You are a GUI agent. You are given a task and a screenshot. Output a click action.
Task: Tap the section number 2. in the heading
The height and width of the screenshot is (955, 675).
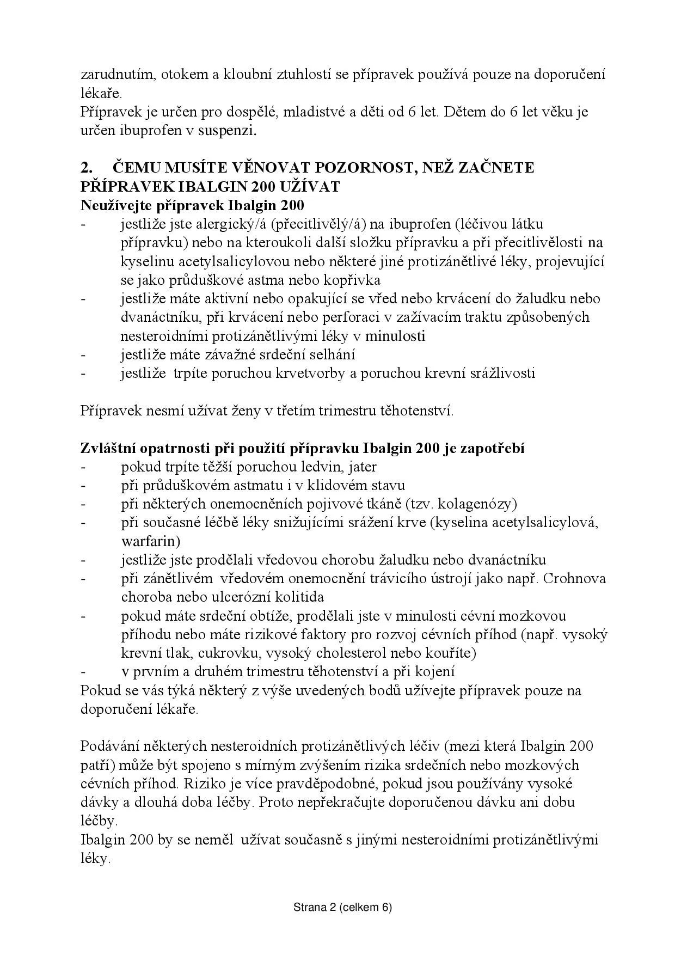(87, 168)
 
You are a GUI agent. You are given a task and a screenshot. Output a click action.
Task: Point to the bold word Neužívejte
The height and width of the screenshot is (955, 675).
(116, 206)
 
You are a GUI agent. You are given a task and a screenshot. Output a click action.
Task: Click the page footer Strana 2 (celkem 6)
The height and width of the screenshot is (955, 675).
(342, 908)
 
